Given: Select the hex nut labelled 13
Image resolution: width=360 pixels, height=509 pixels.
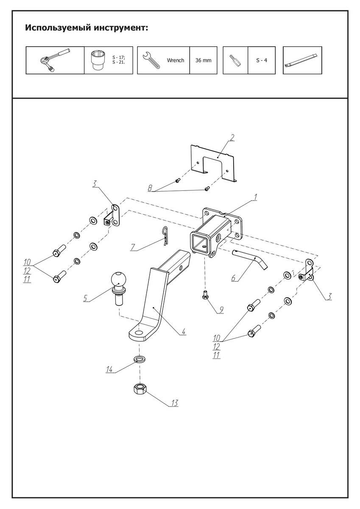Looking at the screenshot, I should pos(140,389).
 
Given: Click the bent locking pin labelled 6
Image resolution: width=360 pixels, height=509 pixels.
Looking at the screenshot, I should pos(250,259).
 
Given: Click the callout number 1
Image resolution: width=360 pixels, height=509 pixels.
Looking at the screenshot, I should pos(255,196).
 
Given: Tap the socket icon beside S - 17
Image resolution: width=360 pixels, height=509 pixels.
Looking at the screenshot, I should pos(99,60).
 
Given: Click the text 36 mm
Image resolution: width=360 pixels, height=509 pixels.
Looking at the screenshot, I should pos(203,61).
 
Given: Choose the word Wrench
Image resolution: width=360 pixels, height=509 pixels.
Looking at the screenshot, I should pos(175,61).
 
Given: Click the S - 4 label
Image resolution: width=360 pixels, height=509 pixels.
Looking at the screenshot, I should pos(262,61).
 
